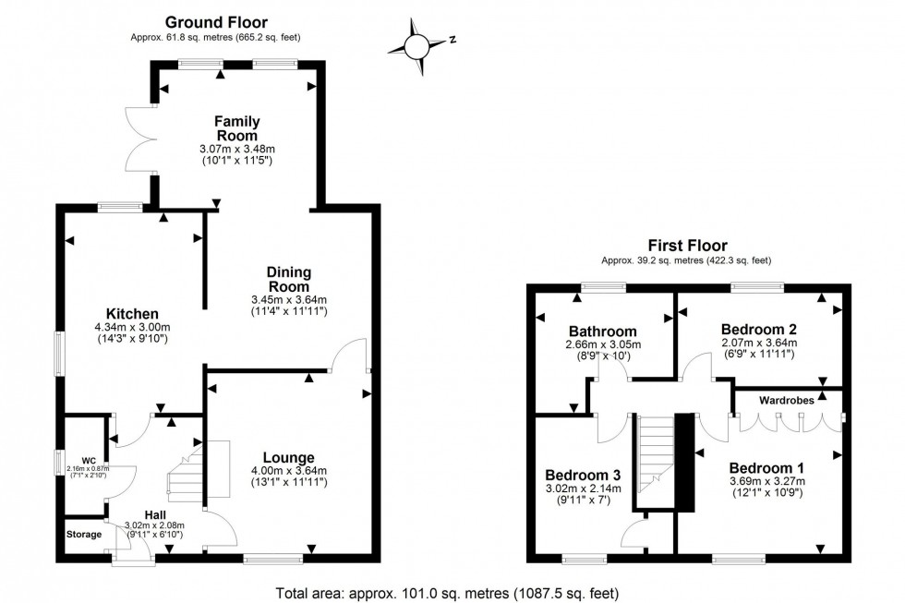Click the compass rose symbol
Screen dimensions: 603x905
coord(419,44)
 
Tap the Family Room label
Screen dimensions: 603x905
coord(237,128)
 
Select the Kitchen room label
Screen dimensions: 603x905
coord(132,314)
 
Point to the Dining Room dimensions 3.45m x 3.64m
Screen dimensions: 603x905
coord(288,300)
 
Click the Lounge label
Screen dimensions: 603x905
coord(288,457)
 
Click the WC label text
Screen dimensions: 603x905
coord(89,459)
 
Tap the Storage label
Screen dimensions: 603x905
coord(85,534)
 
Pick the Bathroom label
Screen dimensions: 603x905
coord(603,331)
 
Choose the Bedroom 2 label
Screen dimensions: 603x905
coord(759,328)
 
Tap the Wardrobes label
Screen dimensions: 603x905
coord(787,401)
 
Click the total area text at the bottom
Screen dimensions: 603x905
coord(447,592)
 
